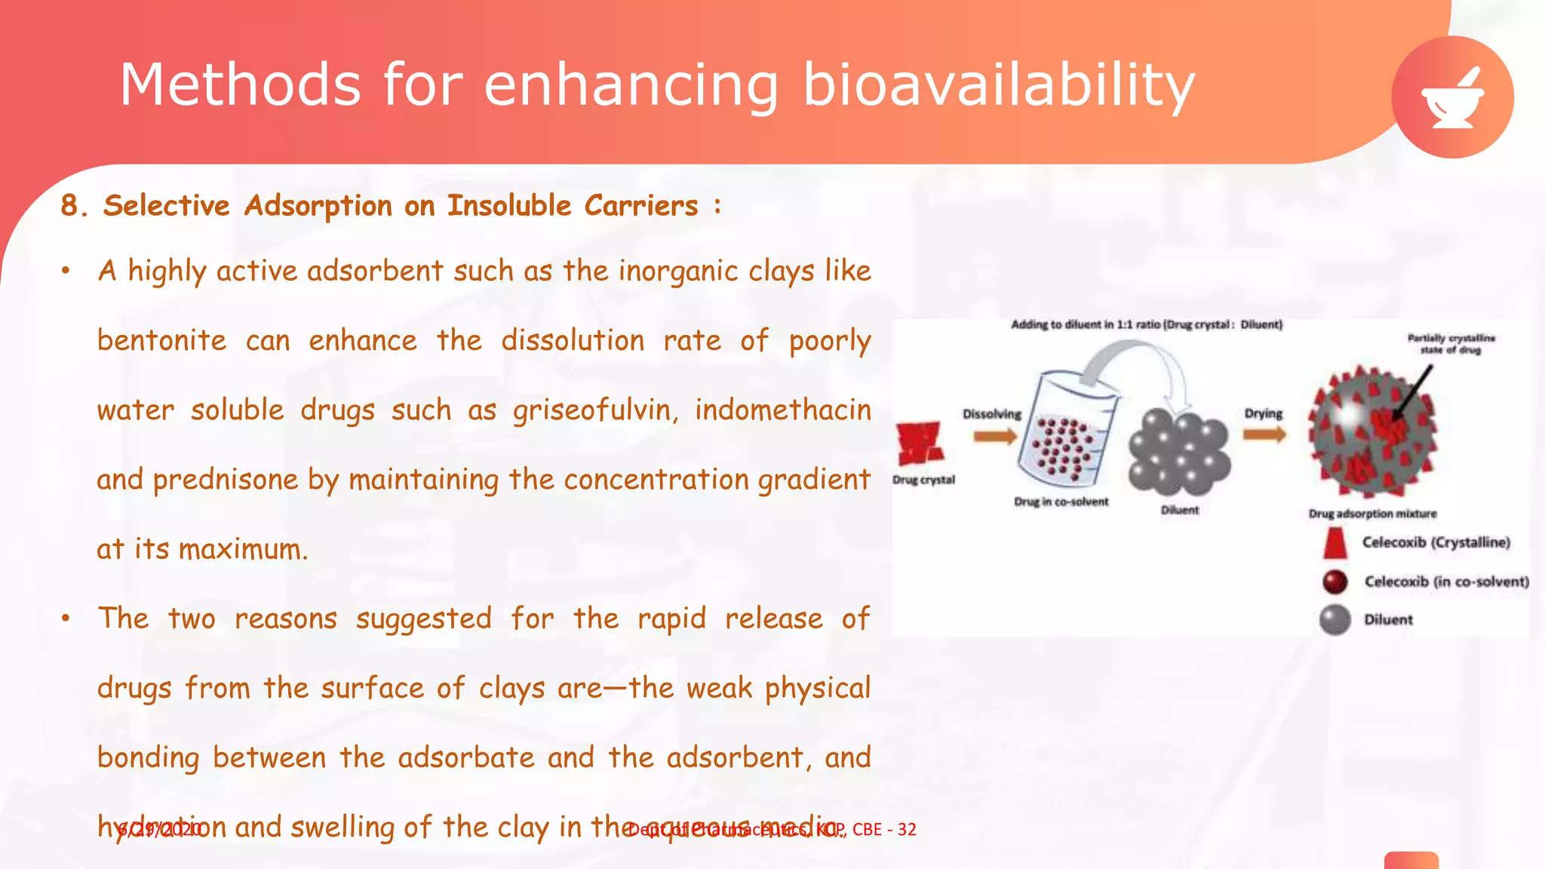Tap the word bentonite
[x=161, y=341]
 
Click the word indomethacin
[x=782, y=410]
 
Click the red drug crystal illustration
[x=920, y=443]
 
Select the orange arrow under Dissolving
[x=994, y=436]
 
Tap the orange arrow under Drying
[x=1264, y=434]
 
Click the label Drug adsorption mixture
[x=1372, y=514]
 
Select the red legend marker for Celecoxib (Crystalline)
[x=1335, y=542]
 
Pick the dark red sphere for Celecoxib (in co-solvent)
[x=1335, y=582]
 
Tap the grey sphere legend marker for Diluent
[x=1335, y=620]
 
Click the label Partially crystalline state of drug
[x=1451, y=344]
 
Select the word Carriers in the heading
[x=641, y=206]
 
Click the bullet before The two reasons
[x=66, y=619]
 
